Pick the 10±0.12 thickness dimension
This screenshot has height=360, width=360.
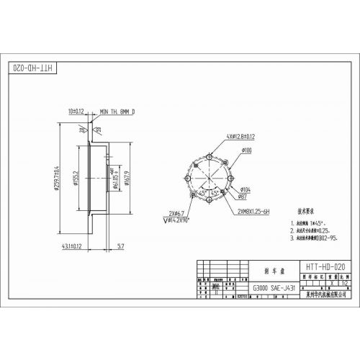[x=77, y=112]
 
